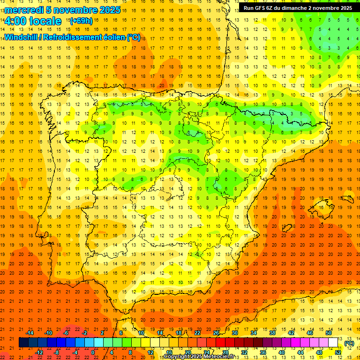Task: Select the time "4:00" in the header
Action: tap(15, 22)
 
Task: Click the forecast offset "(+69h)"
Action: tap(81, 21)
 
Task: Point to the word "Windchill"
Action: tap(22, 37)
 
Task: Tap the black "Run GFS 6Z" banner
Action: tap(298, 8)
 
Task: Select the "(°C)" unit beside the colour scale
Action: tap(349, 343)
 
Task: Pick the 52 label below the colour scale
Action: tap(338, 352)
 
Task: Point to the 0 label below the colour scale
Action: tap(93, 352)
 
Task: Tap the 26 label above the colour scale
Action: tap(216, 333)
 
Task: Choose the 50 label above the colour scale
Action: tap(329, 333)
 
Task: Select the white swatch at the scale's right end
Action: tap(333, 343)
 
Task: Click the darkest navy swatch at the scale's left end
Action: tap(23, 343)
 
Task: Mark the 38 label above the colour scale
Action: tap(272, 333)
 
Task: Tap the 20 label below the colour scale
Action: tap(187, 352)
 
